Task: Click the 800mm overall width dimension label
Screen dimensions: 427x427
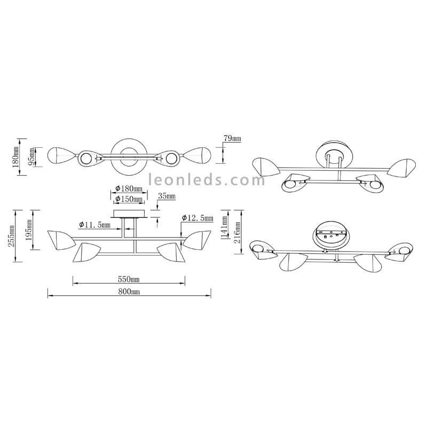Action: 129,292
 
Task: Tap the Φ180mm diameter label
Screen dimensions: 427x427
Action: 129,188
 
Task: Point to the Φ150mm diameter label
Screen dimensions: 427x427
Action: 129,199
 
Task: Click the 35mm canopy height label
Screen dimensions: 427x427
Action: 167,196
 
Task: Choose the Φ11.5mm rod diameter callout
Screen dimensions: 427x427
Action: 94,225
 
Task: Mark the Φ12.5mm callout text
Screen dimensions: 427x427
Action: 197,218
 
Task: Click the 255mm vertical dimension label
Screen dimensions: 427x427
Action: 11,236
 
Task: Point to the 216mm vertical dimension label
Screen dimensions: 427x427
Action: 238,233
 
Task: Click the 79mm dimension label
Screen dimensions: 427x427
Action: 232,138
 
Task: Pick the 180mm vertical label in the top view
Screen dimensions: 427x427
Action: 16,156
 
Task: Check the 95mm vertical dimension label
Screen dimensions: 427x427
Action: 32,156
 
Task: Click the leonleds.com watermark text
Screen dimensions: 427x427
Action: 207,180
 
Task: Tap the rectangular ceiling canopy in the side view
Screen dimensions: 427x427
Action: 129,213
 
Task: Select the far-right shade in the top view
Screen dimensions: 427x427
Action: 197,155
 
